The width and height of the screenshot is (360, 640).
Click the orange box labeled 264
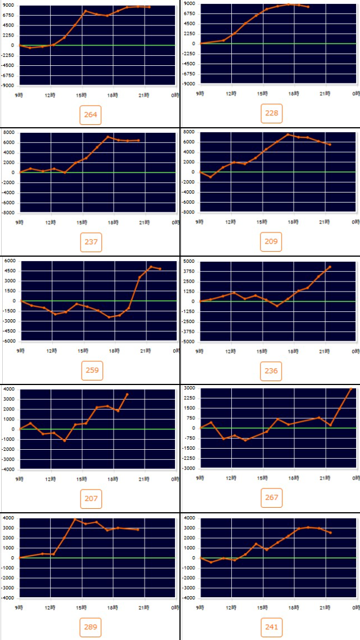(91, 116)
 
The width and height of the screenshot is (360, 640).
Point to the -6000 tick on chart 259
(9, 342)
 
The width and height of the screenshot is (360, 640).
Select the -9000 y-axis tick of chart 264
(9, 86)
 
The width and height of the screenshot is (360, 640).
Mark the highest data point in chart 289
(75, 519)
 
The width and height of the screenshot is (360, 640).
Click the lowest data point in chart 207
(65, 440)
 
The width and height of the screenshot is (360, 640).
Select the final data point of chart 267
(351, 388)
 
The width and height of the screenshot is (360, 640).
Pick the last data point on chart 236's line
(330, 267)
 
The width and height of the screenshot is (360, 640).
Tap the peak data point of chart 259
(150, 266)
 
